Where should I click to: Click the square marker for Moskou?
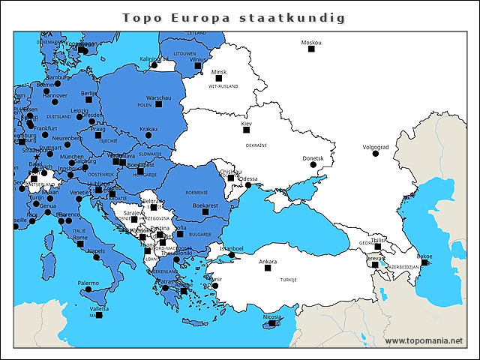click(311, 49)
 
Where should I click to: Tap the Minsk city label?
click(219, 72)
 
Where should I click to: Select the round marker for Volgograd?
click(375, 154)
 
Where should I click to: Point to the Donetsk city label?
click(313, 158)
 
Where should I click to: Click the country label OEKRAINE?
click(256, 145)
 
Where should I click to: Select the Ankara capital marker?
click(267, 268)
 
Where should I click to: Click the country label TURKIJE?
click(288, 279)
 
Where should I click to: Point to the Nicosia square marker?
click(271, 323)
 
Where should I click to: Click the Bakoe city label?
click(424, 256)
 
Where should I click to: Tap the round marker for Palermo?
click(88, 289)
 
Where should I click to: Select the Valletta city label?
click(99, 309)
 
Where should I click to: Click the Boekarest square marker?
click(203, 212)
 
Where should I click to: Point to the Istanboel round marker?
click(232, 255)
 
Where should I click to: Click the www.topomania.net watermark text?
click(424, 340)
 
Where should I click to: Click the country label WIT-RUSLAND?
click(223, 86)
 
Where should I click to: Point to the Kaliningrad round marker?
click(154, 65)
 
